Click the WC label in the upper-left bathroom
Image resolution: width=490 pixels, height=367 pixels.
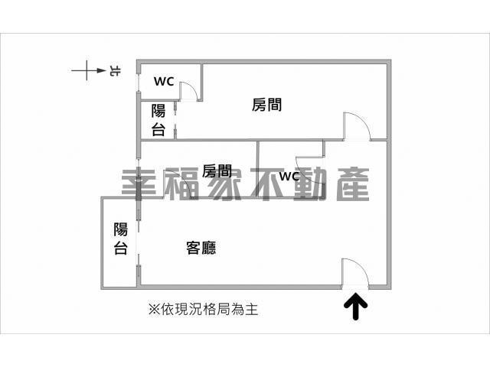click(x=164, y=82)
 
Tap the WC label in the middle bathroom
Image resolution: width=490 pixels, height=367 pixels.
click(x=289, y=177)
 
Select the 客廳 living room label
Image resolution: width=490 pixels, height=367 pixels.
click(x=201, y=248)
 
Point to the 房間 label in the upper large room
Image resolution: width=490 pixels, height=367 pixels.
click(x=266, y=105)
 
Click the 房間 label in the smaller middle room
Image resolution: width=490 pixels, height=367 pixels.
click(x=217, y=171)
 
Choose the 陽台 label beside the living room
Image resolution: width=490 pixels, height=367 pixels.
click(x=121, y=239)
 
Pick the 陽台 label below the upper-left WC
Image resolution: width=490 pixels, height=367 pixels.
click(x=158, y=120)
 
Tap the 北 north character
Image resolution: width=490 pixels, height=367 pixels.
click(x=115, y=71)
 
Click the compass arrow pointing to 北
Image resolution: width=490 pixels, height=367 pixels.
click(x=89, y=70)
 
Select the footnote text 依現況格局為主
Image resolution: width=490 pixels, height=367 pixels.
click(x=209, y=310)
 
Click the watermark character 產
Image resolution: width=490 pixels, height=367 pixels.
click(x=353, y=184)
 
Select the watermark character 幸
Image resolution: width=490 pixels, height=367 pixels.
click(x=139, y=184)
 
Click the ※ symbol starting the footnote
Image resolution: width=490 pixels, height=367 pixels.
click(x=155, y=310)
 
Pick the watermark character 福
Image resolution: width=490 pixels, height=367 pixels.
click(x=181, y=184)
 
